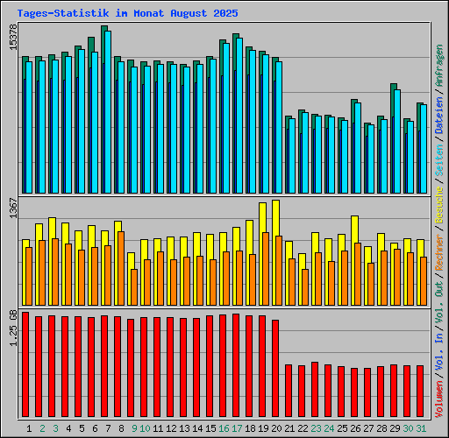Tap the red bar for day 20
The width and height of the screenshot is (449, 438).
[275, 368]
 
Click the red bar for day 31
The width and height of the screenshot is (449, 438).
[420, 391]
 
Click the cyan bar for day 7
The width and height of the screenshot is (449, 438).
[108, 112]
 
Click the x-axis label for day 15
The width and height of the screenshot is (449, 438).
[210, 428]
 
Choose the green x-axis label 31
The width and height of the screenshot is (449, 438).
[421, 428]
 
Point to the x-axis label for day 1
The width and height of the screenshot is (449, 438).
[30, 428]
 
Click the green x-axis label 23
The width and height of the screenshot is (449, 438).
[316, 428]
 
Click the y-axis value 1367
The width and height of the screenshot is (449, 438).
[12, 211]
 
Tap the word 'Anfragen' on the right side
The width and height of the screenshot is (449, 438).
[439, 65]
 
